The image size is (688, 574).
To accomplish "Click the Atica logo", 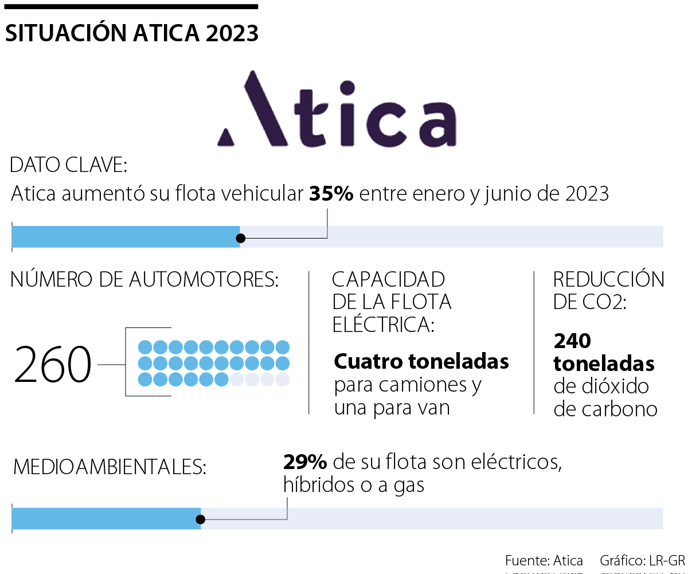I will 337,109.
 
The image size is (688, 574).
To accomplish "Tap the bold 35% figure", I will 331,194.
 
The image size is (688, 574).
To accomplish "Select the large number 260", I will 53,365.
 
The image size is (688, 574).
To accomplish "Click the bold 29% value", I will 305,462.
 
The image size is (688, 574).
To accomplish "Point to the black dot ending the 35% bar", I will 241,237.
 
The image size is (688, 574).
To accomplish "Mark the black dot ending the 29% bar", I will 200,520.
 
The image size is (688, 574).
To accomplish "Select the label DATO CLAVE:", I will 68,166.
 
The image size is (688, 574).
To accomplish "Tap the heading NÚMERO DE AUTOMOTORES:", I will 144,280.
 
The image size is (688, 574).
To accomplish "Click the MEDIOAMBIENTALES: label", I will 110,467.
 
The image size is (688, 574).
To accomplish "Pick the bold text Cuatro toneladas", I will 421,362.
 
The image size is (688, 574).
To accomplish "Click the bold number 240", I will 572,341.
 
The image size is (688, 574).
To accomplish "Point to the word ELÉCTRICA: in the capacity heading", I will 383,325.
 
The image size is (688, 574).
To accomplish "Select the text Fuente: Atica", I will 544,560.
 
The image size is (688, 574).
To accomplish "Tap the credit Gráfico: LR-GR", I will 642,560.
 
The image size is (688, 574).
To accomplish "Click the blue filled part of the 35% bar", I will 126,237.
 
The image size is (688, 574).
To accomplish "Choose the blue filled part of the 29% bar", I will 106,519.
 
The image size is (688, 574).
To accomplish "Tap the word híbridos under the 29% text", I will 319,486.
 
